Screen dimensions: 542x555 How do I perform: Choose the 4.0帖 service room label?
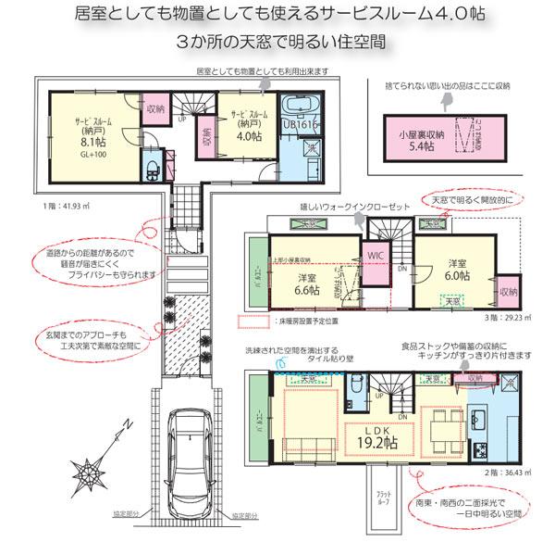tap(249, 130)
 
